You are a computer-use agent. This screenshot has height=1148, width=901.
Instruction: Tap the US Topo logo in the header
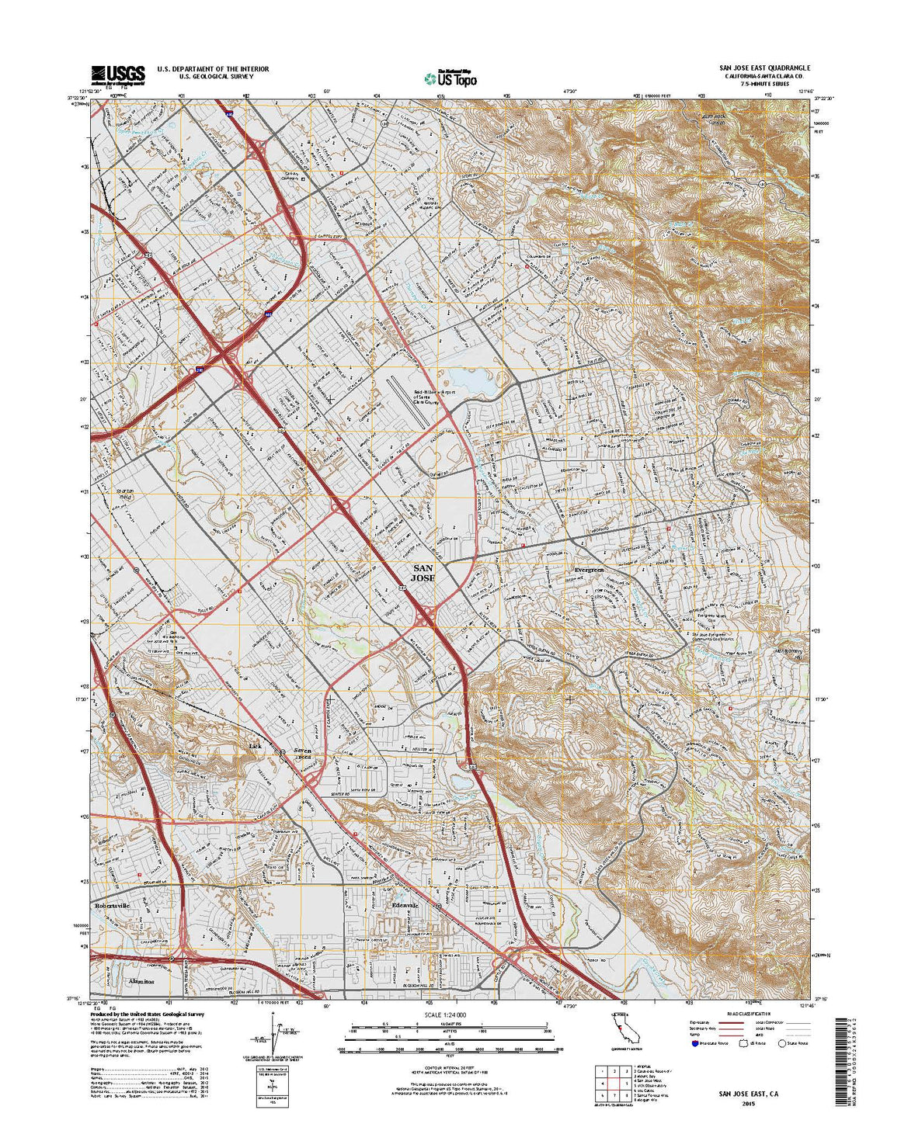[x=450, y=78]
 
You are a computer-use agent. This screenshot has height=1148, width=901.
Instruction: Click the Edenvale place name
[x=405, y=906]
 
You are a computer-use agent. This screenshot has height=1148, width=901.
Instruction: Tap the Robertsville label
[x=113, y=906]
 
